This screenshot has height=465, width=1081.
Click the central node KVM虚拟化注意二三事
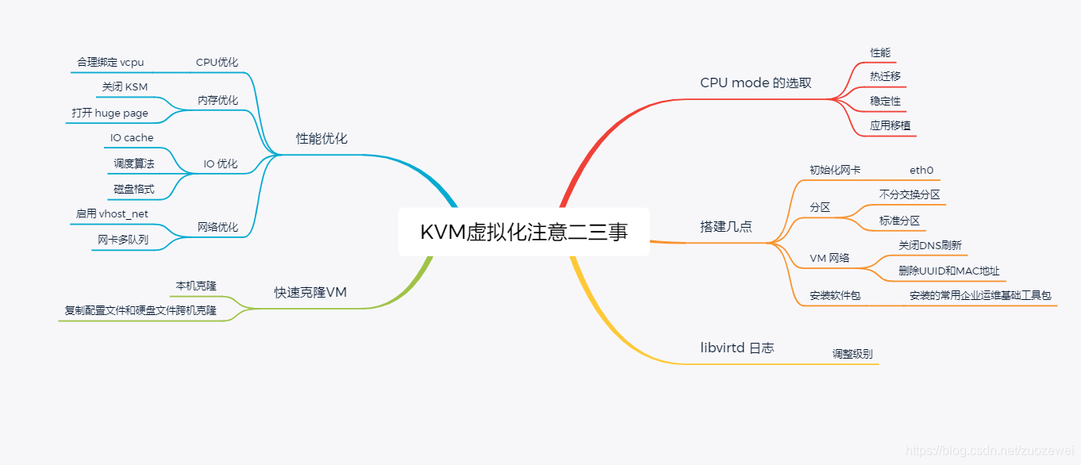click(524, 232)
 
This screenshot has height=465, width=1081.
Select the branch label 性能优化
click(321, 138)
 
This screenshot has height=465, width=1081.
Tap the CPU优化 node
click(217, 62)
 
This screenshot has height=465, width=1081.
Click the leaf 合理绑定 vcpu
click(110, 62)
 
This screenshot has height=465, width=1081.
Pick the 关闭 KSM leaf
click(125, 86)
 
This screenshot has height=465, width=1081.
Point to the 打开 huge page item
click(110, 113)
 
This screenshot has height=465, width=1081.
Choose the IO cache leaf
click(132, 138)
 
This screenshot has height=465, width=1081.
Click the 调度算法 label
click(133, 163)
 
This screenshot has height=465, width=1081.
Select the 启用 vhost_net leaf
click(112, 213)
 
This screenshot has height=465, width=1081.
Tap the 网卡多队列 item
click(123, 239)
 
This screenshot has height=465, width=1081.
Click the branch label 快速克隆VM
click(310, 292)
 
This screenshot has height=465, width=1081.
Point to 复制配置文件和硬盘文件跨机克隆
click(140, 310)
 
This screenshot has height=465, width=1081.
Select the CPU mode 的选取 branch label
click(756, 83)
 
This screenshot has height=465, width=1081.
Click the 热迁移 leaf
click(885, 76)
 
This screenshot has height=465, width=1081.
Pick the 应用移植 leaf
click(890, 125)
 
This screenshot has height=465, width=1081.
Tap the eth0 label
click(921, 170)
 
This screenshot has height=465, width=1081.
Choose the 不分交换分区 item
click(910, 194)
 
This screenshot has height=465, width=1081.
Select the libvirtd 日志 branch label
click(737, 348)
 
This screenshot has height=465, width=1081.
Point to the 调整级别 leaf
click(852, 353)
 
